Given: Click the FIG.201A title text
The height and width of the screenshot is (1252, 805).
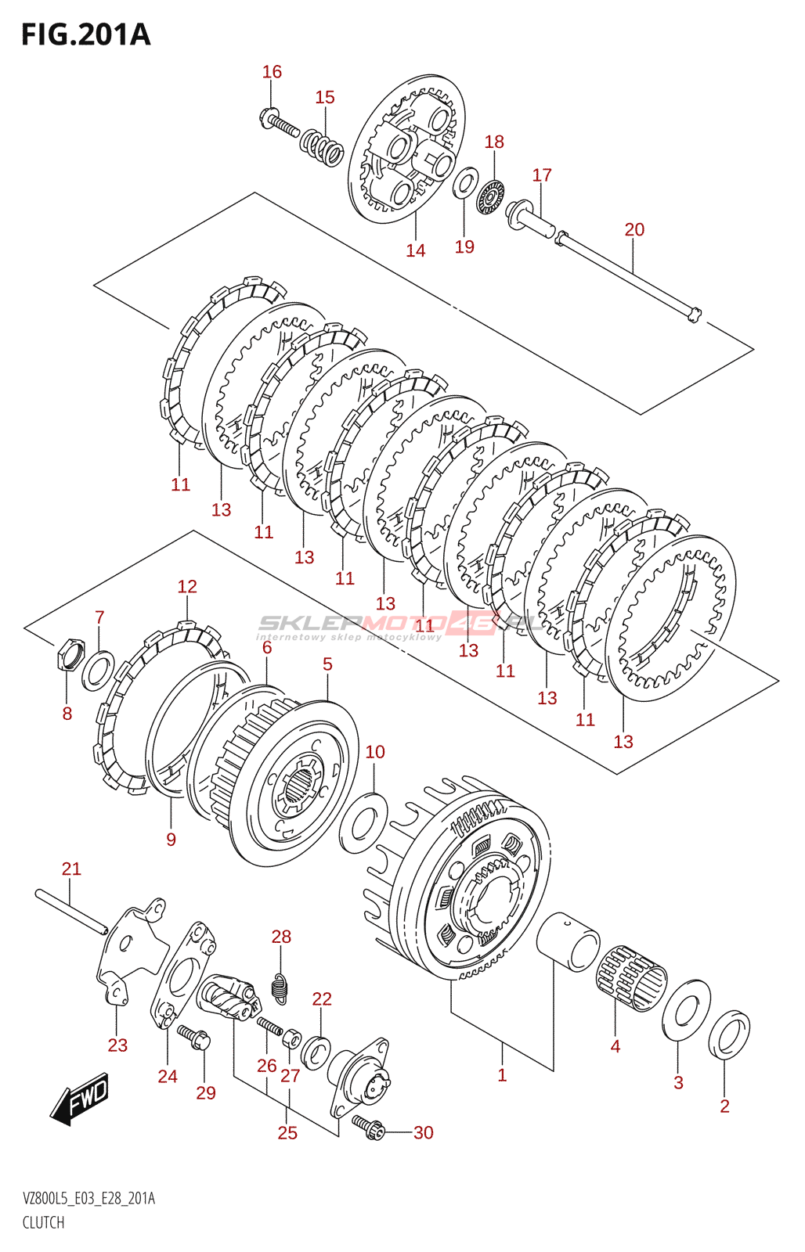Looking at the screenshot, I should coord(85,35).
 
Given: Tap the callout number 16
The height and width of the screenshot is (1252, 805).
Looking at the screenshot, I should coord(272,72).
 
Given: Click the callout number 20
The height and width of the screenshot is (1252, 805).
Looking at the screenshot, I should coord(634,230).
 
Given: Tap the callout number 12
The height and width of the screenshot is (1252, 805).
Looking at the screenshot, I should coord(187,587).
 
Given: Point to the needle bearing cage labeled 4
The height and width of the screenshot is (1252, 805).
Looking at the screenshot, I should coord(632,978).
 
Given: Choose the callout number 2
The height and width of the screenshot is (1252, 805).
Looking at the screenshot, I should coord(724,1106).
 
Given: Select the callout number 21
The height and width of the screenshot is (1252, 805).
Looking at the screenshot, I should coord(71,869).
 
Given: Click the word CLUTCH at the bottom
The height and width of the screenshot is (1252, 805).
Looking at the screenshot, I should coord(43,1222).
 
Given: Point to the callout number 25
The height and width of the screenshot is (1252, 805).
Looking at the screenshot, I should coord(287,1133).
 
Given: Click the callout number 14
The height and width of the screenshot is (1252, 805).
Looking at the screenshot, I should coord(416,251).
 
